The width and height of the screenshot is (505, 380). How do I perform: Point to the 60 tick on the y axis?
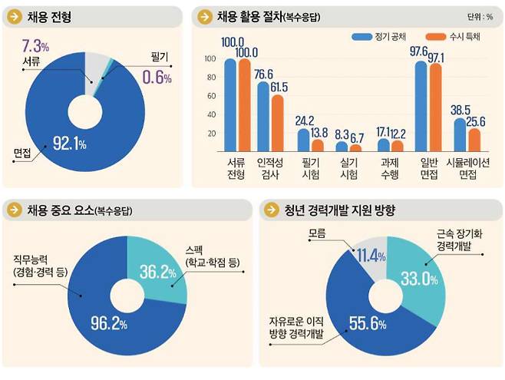(210, 96)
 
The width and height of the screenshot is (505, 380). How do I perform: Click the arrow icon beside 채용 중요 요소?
(13, 210)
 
